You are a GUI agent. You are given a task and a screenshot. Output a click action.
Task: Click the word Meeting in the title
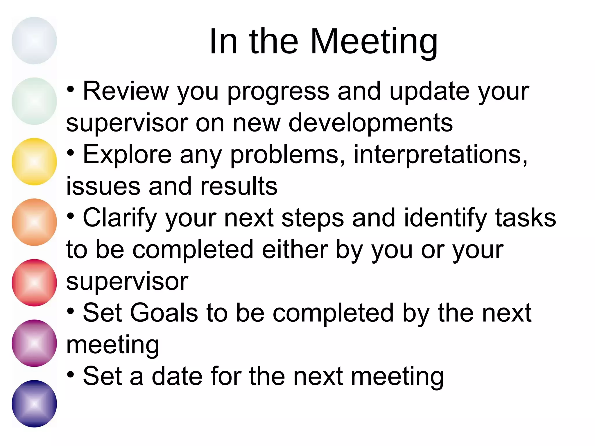coord(374,42)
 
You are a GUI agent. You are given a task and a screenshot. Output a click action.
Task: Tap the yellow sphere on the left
coord(34,162)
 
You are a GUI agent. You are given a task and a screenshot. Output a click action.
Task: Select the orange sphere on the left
coord(34,222)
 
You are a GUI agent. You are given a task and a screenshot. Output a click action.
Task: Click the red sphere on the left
coord(34,283)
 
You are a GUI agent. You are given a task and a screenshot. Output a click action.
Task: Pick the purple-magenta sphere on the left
coord(34,343)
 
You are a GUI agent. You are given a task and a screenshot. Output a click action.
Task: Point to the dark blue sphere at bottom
coord(34,404)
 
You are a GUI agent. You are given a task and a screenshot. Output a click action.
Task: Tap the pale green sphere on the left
coord(34,101)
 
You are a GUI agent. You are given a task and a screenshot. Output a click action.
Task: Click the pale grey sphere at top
coord(34,41)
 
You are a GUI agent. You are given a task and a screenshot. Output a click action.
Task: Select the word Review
coord(126,91)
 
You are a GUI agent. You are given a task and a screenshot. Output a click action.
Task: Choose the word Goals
coord(164,313)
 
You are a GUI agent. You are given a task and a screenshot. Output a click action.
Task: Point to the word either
coord(295,250)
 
